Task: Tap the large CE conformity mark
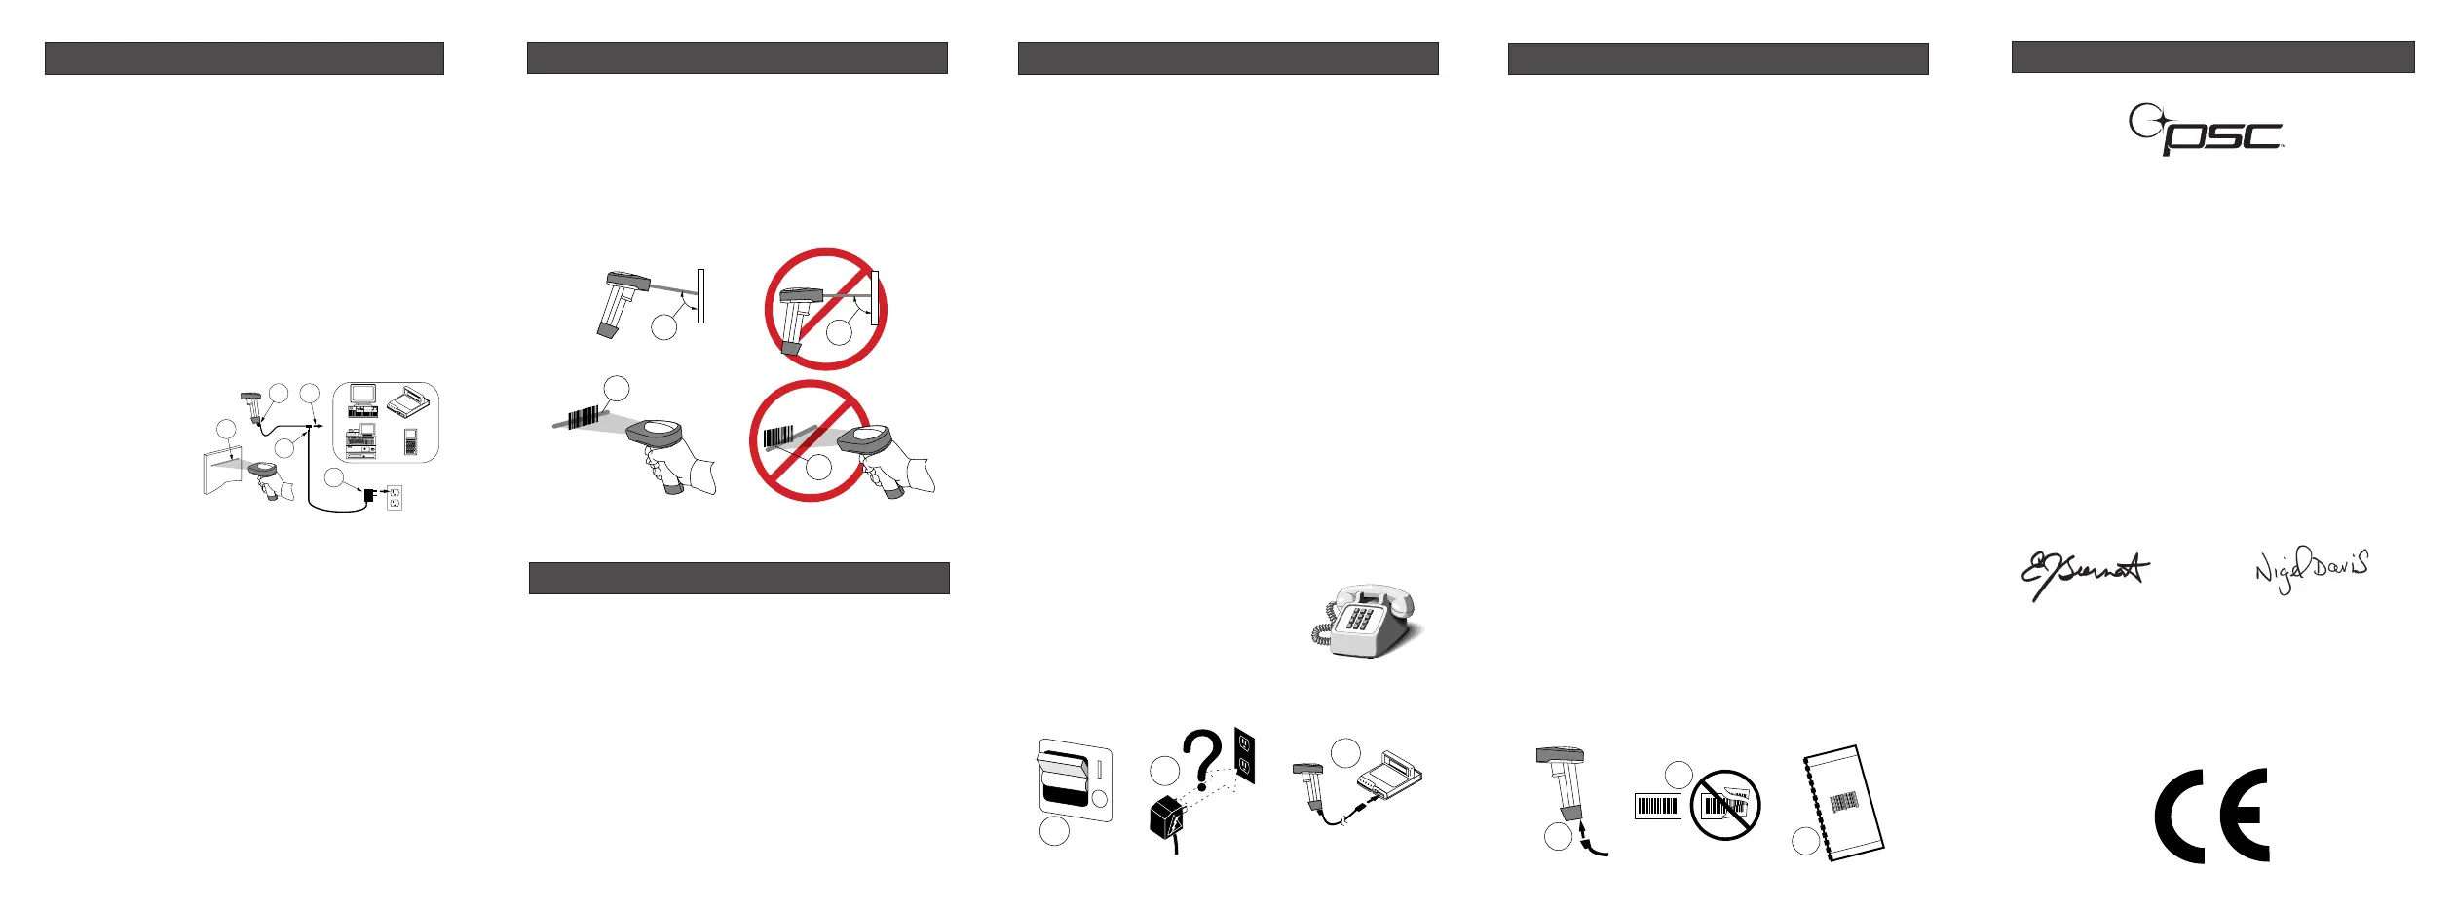tap(2211, 816)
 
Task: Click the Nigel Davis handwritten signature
tap(2312, 568)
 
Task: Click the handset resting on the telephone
tap(1374, 595)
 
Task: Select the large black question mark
tap(1203, 760)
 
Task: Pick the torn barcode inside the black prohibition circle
tap(1724, 805)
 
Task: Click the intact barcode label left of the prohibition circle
tap(1657, 807)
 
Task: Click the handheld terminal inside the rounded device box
tap(411, 441)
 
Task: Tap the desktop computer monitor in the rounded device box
tap(363, 395)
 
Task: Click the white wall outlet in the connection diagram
tap(395, 497)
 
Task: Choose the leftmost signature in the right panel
tap(2084, 575)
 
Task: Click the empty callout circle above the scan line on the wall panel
tap(226, 429)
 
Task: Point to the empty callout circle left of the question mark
tap(1164, 772)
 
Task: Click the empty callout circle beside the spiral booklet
tap(1805, 841)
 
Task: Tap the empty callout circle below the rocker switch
tap(1054, 831)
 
